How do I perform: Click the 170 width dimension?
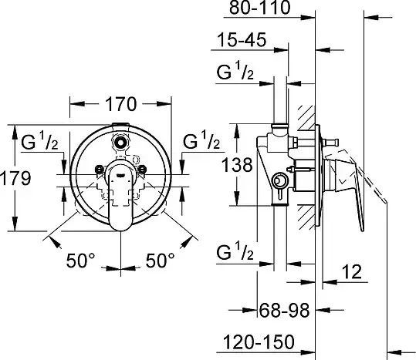pyautogui.click(x=120, y=104)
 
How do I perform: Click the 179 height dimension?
pyautogui.click(x=15, y=178)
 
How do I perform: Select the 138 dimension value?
pyautogui.click(x=237, y=165)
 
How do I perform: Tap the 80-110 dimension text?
pyautogui.click(x=260, y=8)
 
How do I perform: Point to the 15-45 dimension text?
pyautogui.click(x=242, y=40)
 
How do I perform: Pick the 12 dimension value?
pyautogui.click(x=352, y=271)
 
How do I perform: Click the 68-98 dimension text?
pyautogui.click(x=284, y=310)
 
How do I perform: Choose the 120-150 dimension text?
pyautogui.click(x=259, y=341)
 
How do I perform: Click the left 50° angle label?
pyautogui.click(x=80, y=261)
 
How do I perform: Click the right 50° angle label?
pyautogui.click(x=161, y=261)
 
